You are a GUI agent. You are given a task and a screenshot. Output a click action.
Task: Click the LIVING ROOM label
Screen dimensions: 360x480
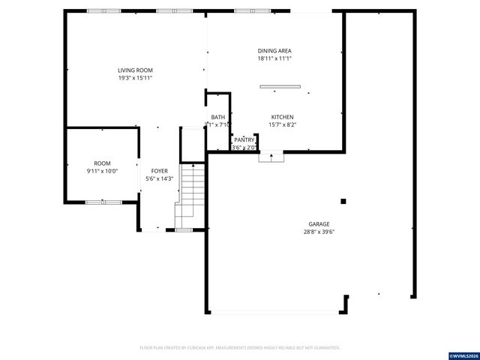(x=135, y=70)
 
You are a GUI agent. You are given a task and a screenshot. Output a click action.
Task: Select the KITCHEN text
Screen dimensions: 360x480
(x=282, y=117)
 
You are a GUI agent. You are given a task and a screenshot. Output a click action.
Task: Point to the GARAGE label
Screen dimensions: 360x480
(x=319, y=223)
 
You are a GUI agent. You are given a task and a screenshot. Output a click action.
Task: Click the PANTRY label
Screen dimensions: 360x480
(x=244, y=139)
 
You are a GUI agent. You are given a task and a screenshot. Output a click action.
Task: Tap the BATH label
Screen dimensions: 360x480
(x=217, y=117)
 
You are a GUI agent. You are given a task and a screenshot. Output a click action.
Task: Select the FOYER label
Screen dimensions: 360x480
(x=160, y=171)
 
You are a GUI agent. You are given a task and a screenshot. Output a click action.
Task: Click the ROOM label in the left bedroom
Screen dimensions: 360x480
(x=102, y=163)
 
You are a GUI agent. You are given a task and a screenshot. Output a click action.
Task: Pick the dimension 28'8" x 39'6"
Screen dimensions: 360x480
(x=319, y=232)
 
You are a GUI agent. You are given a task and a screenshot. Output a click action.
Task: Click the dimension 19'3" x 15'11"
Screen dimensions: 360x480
(x=135, y=78)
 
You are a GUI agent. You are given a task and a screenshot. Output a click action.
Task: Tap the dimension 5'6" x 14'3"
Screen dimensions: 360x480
(x=160, y=178)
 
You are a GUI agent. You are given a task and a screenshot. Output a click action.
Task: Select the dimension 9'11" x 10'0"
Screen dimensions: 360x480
(x=102, y=171)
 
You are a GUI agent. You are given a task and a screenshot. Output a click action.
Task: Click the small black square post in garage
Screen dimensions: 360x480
(x=344, y=201)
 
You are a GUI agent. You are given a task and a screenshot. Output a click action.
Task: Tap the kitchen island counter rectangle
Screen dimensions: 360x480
(x=280, y=87)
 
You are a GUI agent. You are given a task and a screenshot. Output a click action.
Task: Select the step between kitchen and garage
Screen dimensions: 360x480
(x=271, y=157)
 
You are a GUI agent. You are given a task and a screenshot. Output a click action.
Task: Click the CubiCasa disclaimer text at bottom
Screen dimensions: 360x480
(x=240, y=348)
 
